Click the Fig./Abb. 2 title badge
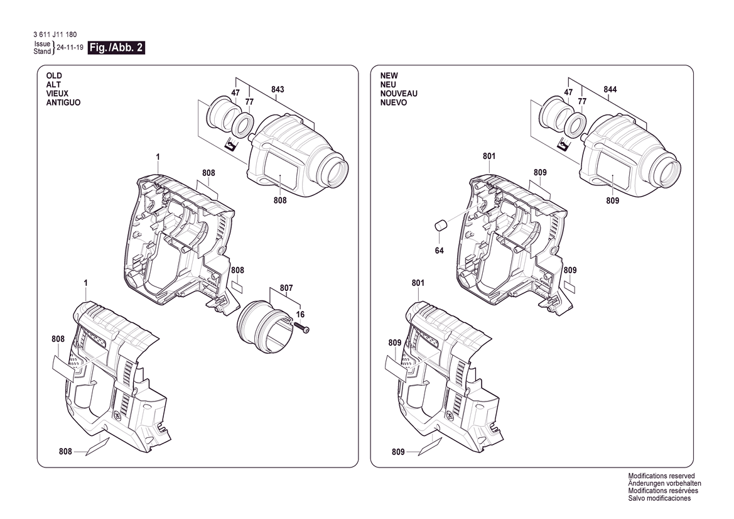pyautogui.click(x=116, y=48)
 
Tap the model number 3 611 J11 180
pyautogui.click(x=55, y=35)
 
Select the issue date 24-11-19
pyautogui.click(x=70, y=48)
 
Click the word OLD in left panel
pyautogui.click(x=54, y=76)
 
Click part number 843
pyautogui.click(x=278, y=89)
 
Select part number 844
pyautogui.click(x=610, y=89)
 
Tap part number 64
pyautogui.click(x=439, y=251)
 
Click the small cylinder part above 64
pyautogui.click(x=441, y=226)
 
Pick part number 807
pyautogui.click(x=286, y=288)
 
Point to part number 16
pyautogui.click(x=300, y=315)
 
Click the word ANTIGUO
pyautogui.click(x=63, y=102)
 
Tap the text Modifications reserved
pyautogui.click(x=661, y=476)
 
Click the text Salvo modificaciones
pyautogui.click(x=659, y=498)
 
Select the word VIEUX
pyautogui.click(x=57, y=94)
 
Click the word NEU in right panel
pyautogui.click(x=388, y=85)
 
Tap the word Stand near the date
pyautogui.click(x=42, y=52)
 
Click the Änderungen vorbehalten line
pyautogui.click(x=665, y=483)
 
